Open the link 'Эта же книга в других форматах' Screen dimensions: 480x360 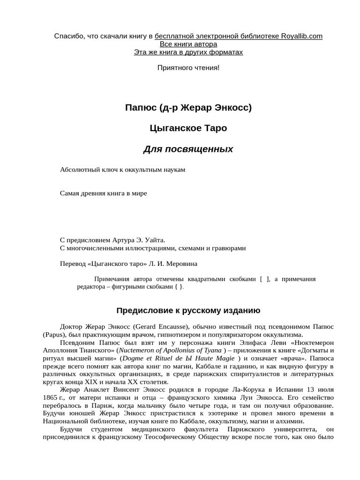coord(188,52)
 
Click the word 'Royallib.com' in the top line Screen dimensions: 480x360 coord(302,36)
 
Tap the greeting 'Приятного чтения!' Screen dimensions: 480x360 coord(188,68)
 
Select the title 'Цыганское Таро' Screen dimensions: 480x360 coord(188,128)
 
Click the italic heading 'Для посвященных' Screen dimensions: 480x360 coord(188,150)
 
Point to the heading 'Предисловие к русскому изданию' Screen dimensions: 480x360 coord(188,311)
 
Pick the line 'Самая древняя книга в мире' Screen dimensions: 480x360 coord(104,193)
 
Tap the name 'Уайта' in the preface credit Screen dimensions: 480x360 coord(155,240)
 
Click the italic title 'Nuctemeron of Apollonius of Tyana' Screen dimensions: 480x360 coord(170,351)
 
